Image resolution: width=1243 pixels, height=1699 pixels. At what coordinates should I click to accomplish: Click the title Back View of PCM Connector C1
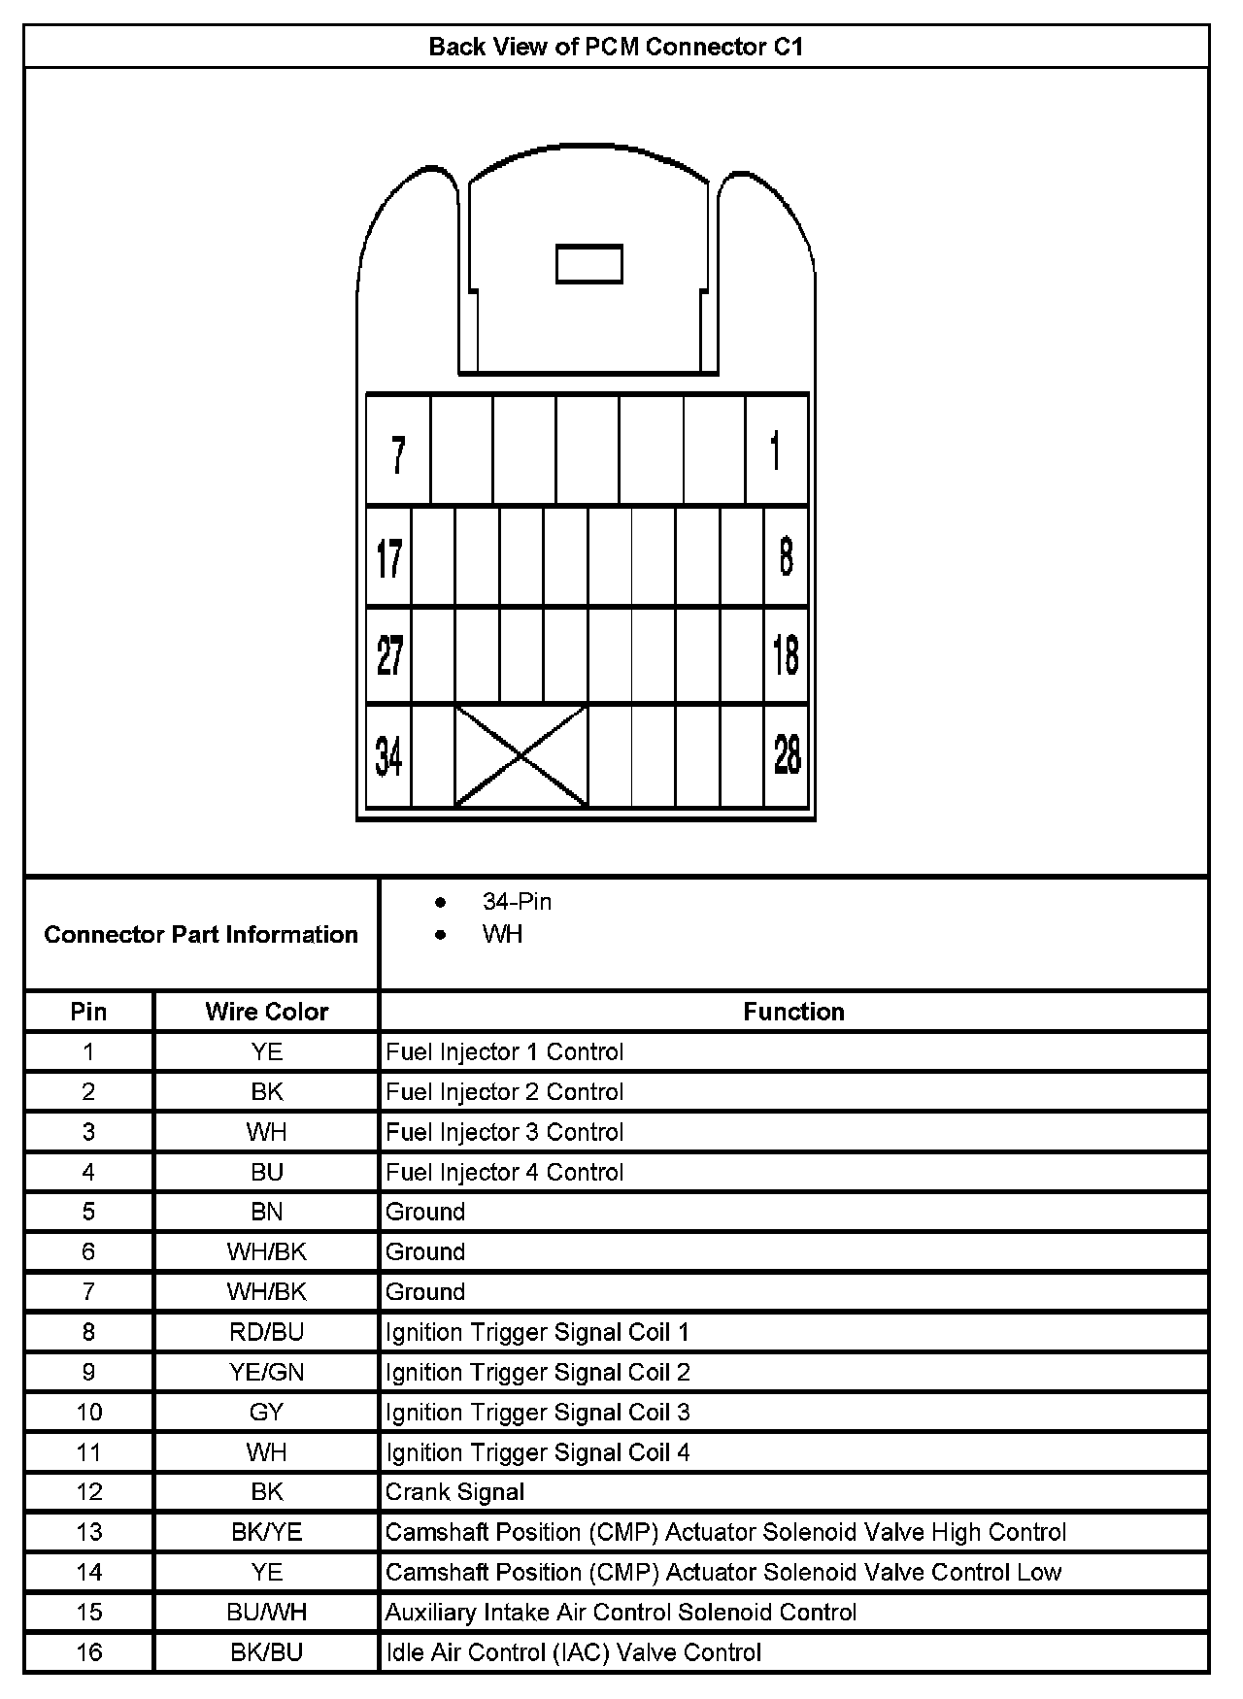pyautogui.click(x=616, y=47)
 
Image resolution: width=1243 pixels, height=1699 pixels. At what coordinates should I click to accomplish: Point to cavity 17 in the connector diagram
pyautogui.click(x=388, y=558)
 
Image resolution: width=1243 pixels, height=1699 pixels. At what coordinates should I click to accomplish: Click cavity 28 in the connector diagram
pyautogui.click(x=787, y=755)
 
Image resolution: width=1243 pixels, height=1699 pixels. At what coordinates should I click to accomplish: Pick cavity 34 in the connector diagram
pyautogui.click(x=388, y=755)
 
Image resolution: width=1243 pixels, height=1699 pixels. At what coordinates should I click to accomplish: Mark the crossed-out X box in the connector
pyautogui.click(x=521, y=756)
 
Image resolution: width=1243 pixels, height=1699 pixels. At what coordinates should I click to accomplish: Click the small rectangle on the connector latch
pyautogui.click(x=588, y=264)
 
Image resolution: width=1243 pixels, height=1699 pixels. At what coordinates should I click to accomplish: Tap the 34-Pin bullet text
pyautogui.click(x=517, y=902)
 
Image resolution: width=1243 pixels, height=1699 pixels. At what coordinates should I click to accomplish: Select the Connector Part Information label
pyautogui.click(x=201, y=934)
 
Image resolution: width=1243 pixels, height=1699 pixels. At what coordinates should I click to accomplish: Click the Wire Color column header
pyautogui.click(x=266, y=1012)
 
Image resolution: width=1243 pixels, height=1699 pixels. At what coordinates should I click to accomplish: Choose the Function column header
pyautogui.click(x=793, y=1012)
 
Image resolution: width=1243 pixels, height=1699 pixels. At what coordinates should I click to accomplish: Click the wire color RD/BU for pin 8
pyautogui.click(x=266, y=1332)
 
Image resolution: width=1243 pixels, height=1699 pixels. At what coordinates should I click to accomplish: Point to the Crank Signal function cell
pyautogui.click(x=454, y=1492)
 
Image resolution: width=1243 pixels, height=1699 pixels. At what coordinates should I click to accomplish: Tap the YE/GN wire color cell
pyautogui.click(x=266, y=1372)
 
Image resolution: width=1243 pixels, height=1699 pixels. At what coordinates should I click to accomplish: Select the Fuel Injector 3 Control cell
pyautogui.click(x=504, y=1132)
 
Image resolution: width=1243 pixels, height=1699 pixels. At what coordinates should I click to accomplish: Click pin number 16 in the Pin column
pyautogui.click(x=88, y=1652)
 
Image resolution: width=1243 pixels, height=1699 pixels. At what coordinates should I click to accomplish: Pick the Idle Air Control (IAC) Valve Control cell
pyautogui.click(x=573, y=1652)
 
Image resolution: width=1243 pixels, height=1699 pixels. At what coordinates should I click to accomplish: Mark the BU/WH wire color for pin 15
pyautogui.click(x=266, y=1613)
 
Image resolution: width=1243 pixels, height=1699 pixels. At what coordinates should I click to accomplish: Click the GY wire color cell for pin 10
pyautogui.click(x=266, y=1413)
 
